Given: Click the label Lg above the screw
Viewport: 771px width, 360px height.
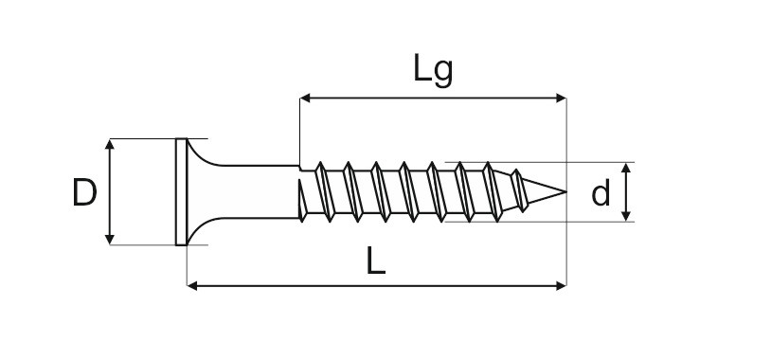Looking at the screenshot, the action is (433, 70).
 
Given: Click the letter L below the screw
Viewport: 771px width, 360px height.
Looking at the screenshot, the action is (376, 261).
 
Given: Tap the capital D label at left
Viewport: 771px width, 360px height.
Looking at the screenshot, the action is (84, 192).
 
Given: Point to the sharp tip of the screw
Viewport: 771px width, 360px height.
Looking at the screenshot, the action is (565, 191).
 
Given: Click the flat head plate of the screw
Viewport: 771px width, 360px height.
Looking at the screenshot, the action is (182, 191).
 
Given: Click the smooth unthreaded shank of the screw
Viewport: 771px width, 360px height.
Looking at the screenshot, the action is (256, 191).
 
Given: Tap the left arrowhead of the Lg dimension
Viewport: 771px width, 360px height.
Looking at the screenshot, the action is (305, 98).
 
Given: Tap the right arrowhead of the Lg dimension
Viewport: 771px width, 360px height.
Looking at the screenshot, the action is (561, 98).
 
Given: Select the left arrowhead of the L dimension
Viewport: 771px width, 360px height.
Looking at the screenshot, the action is (192, 286).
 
